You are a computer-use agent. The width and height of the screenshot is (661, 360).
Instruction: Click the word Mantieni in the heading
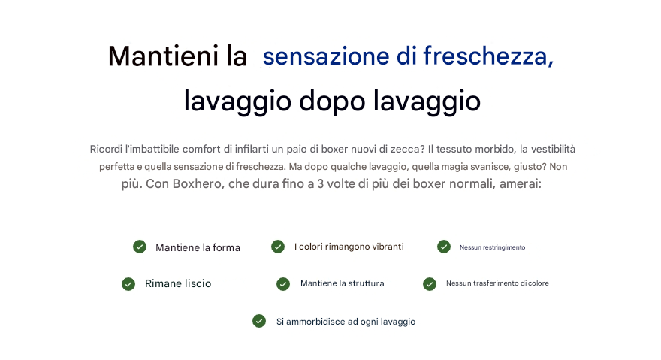pyautogui.click(x=163, y=56)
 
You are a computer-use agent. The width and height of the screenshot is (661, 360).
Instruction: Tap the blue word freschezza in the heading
pyautogui.click(x=487, y=56)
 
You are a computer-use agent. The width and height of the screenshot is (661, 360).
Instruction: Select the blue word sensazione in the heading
pyautogui.click(x=326, y=57)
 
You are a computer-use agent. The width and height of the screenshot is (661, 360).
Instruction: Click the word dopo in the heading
pyautogui.click(x=332, y=102)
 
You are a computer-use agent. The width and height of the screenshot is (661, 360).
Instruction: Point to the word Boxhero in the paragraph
pyautogui.click(x=198, y=184)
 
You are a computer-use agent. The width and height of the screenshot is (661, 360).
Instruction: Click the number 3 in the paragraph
pyautogui.click(x=320, y=184)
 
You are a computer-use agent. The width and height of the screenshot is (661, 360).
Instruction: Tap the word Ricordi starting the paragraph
pyautogui.click(x=105, y=149)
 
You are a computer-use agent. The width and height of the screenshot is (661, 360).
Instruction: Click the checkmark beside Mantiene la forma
pyautogui.click(x=140, y=247)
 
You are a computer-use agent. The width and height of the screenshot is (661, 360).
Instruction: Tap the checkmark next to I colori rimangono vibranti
pyautogui.click(x=278, y=247)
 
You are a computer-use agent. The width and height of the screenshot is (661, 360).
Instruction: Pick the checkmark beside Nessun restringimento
pyautogui.click(x=444, y=247)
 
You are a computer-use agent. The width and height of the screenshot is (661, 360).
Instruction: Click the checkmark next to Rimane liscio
pyautogui.click(x=128, y=284)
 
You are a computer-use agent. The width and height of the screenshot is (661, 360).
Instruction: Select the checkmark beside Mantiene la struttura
pyautogui.click(x=283, y=284)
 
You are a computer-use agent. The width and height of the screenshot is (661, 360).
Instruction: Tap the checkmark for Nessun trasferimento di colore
pyautogui.click(x=430, y=284)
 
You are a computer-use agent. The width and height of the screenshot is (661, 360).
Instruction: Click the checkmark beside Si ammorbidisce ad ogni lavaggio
pyautogui.click(x=259, y=321)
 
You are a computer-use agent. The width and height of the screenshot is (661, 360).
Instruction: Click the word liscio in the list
pyautogui.click(x=198, y=283)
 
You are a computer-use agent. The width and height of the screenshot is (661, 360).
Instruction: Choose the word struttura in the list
pyautogui.click(x=366, y=283)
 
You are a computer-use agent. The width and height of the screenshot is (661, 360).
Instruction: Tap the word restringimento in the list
pyautogui.click(x=504, y=247)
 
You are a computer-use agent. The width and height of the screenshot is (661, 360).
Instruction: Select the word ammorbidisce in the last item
pyautogui.click(x=315, y=322)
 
